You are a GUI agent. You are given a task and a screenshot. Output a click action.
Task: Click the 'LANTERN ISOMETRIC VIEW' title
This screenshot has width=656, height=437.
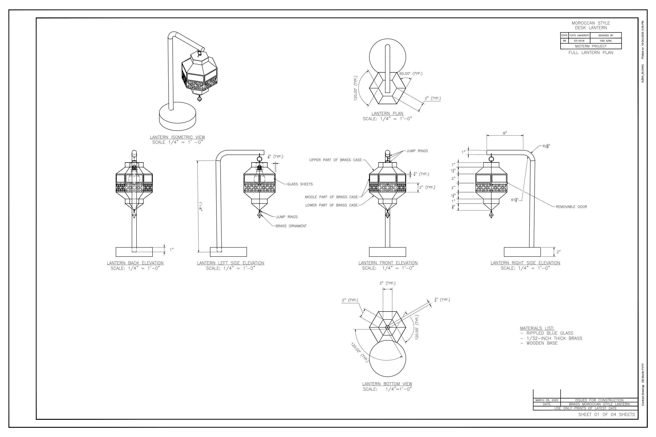[177, 137]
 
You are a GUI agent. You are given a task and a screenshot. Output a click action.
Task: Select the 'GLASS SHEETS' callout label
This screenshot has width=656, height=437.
[300, 184]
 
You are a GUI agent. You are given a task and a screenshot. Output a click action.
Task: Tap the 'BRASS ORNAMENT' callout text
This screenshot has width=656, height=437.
[291, 226]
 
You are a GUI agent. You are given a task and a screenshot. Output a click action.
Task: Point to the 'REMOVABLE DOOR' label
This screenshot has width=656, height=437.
[571, 207]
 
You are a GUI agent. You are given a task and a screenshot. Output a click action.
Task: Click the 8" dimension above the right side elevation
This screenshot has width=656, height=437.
[504, 133]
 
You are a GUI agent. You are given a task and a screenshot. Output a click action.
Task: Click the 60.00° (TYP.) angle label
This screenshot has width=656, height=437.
[411, 74]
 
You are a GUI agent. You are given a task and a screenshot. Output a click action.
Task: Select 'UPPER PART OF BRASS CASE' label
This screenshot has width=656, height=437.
[335, 160]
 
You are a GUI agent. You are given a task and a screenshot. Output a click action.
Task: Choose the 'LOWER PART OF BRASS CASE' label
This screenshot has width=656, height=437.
[331, 205]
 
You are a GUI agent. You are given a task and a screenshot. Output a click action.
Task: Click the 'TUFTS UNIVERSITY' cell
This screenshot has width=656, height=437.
[579, 35]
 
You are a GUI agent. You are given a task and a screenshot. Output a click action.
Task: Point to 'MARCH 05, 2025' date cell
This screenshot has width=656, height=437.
[547, 400]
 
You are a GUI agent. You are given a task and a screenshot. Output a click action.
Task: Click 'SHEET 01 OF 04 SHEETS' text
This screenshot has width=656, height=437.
[606, 414]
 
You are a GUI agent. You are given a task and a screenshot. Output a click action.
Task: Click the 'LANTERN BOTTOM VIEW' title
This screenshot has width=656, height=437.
[387, 384]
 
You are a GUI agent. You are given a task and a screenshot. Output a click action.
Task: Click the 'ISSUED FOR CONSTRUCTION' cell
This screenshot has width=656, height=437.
[599, 400]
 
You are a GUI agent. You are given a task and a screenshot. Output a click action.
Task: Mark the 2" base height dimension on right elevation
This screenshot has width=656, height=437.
[558, 252]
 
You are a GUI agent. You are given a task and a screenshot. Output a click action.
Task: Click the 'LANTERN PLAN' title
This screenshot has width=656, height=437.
[387, 113]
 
